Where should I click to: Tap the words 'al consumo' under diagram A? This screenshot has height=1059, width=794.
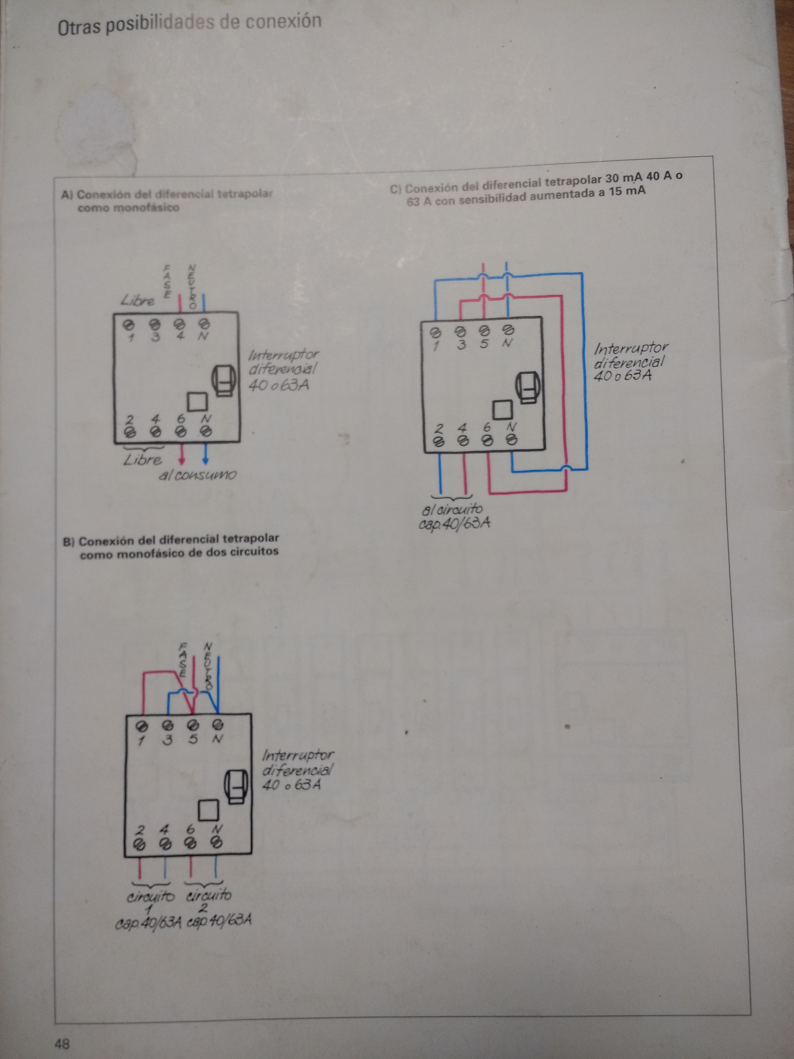[x=197, y=475]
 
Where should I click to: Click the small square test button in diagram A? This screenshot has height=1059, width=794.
[x=197, y=402]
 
